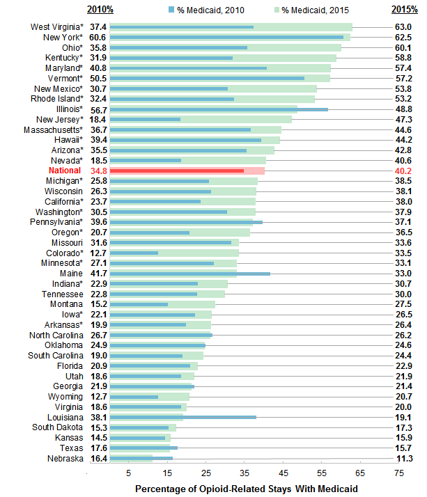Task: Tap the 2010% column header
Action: (x=99, y=9)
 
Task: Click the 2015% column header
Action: (x=403, y=9)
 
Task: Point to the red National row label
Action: (x=65, y=171)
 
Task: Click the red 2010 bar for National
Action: (x=177, y=171)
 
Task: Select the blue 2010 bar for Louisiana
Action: (x=183, y=417)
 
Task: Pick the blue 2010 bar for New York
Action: (x=226, y=37)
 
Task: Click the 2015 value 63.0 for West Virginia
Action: (x=404, y=26)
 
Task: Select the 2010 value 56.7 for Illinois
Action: (x=98, y=109)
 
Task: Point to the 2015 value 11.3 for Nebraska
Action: (x=404, y=459)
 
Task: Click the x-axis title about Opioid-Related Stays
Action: (x=246, y=489)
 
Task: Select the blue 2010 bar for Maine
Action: (x=190, y=274)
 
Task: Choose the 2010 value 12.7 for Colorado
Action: (x=98, y=253)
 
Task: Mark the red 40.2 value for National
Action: (x=404, y=171)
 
